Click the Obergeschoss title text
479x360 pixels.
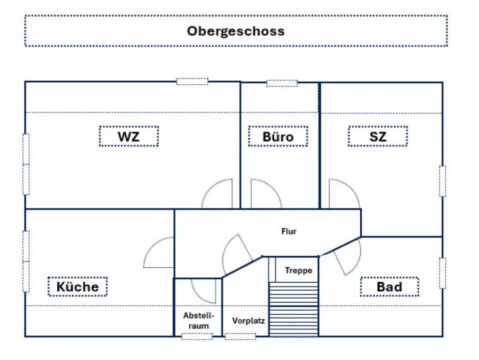tap(236, 31)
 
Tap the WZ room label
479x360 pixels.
tap(129, 136)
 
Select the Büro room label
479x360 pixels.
tap(278, 136)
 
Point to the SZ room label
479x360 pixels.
tap(378, 136)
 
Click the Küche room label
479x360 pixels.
tap(77, 287)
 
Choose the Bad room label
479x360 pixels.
tap(389, 287)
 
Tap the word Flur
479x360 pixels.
tap(289, 231)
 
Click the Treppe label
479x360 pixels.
tap(298, 270)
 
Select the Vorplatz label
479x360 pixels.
tap(248, 321)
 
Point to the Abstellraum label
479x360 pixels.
tap(199, 321)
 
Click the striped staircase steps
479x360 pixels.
tap(293, 309)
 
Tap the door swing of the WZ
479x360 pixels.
tap(219, 194)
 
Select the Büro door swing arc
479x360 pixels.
tap(264, 194)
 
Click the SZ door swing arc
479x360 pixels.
tap(343, 194)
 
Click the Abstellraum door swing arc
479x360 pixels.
tap(205, 290)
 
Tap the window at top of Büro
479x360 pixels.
tap(282, 83)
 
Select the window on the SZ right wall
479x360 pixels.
tap(442, 181)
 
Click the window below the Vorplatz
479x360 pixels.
tap(240, 337)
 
